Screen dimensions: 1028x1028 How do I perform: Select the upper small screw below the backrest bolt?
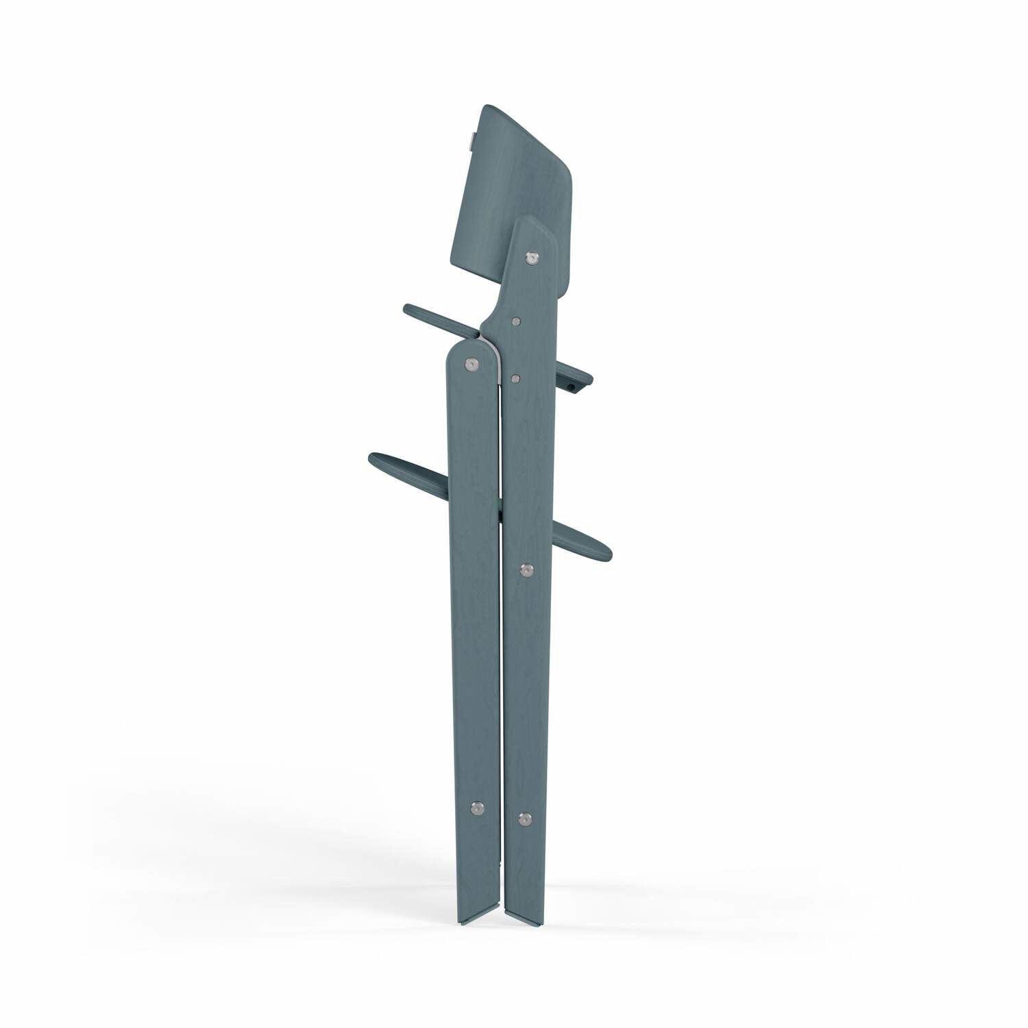(x=515, y=319)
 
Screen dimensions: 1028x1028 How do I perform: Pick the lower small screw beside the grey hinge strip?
(x=515, y=376)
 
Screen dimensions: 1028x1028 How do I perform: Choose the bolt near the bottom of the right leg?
(x=525, y=818)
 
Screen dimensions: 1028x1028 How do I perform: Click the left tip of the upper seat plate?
(x=408, y=308)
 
